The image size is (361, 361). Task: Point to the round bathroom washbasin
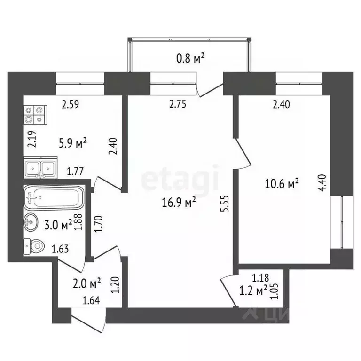coord(31,220)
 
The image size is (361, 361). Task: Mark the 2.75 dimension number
coord(179,105)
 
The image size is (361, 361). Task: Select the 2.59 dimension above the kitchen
coord(72,105)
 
